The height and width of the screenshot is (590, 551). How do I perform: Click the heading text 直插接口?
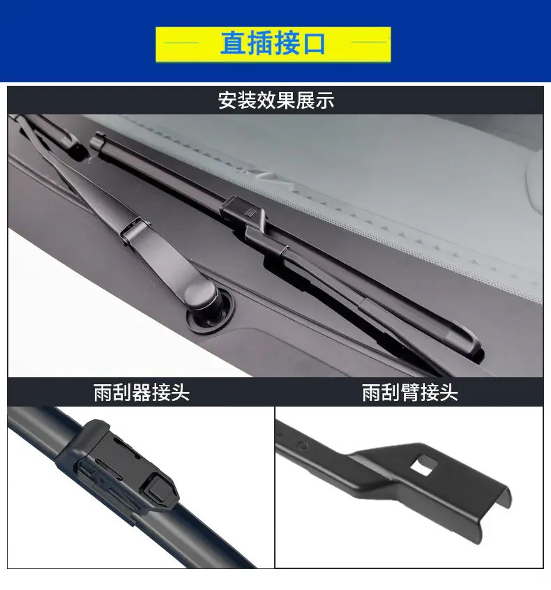(273, 44)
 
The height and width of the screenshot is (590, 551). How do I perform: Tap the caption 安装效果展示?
(276, 100)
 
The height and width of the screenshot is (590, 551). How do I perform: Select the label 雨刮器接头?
(142, 393)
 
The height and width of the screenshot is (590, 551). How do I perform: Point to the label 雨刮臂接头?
(410, 393)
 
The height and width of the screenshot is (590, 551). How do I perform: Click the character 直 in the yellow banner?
(234, 44)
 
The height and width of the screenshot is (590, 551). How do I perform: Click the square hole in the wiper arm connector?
(424, 464)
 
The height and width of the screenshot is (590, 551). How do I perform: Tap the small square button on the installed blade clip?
(250, 213)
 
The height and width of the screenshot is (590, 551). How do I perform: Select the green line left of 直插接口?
(181, 43)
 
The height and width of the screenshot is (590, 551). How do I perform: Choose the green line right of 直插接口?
(369, 42)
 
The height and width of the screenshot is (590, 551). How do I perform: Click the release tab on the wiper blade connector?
(160, 490)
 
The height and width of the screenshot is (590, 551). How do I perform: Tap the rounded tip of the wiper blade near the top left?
(97, 140)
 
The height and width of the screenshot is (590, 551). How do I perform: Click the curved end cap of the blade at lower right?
(467, 340)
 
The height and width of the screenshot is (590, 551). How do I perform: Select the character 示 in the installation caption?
(324, 100)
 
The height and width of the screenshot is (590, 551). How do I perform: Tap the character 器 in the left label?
(142, 393)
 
